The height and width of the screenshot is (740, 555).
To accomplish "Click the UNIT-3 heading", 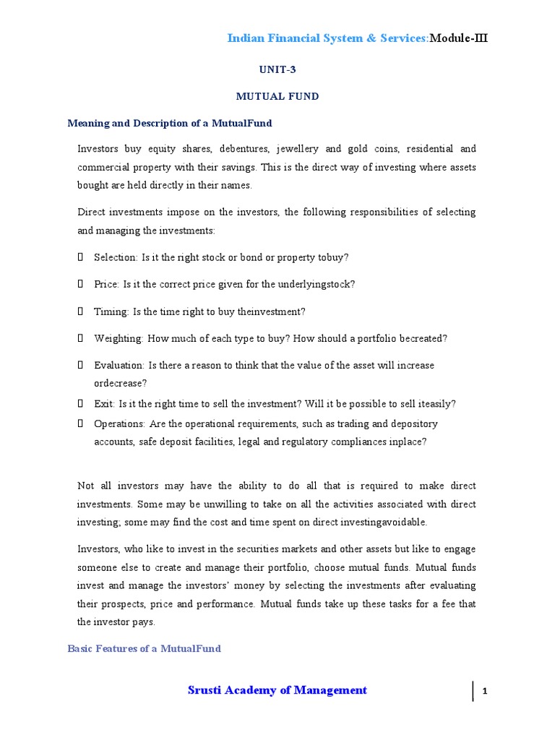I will (277, 70).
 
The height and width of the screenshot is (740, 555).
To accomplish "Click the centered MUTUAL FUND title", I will (278, 96).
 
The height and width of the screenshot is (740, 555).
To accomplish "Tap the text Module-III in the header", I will (459, 38).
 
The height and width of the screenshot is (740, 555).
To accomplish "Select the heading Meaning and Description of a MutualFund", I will (170, 123).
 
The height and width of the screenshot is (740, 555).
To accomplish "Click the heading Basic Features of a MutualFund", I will (144, 648).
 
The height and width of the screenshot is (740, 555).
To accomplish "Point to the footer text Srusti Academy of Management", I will (277, 690).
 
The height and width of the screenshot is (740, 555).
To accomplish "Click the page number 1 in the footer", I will (486, 692).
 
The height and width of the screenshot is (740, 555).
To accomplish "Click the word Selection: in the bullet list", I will (116, 257).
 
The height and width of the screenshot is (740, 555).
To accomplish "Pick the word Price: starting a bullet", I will (107, 284).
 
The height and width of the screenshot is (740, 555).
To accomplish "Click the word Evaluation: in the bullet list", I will (119, 366).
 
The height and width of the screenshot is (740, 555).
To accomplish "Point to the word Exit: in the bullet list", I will (105, 404).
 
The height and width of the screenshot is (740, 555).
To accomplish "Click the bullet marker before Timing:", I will (80, 311).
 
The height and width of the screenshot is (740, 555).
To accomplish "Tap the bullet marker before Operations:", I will (80, 423).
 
